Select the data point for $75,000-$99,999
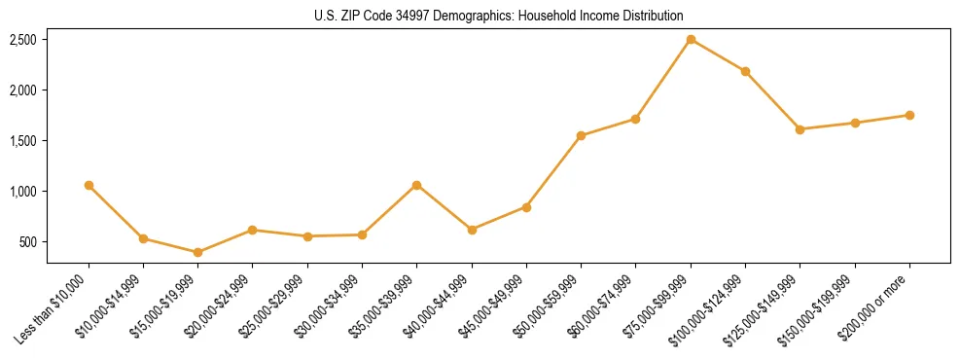coord(691,40)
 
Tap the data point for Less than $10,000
coord(89,185)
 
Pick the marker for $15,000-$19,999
coord(198,252)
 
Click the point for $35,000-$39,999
coord(417,185)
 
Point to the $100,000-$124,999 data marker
coord(745,71)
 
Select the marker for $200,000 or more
coord(909,115)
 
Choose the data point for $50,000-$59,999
coord(581,135)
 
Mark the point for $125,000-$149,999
coord(800,129)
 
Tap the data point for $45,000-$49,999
coord(526,207)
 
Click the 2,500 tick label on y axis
coord(23,40)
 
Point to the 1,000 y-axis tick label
coord(23,192)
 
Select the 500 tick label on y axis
coord(28,242)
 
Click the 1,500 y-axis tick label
coord(23,141)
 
